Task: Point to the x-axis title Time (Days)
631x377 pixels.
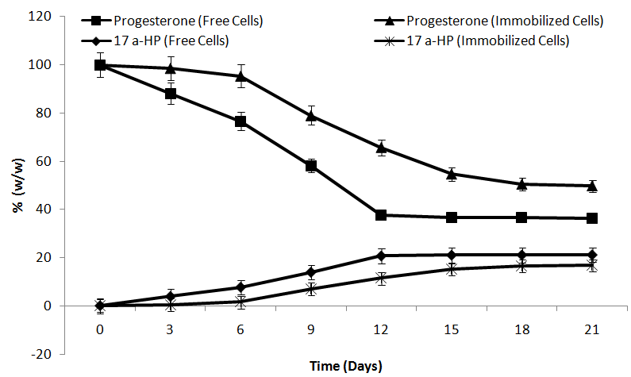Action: tap(345, 366)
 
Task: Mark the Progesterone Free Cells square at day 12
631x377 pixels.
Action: tap(381, 215)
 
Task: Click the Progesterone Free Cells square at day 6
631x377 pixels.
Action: tap(240, 121)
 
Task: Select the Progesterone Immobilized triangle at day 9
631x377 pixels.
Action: tap(311, 115)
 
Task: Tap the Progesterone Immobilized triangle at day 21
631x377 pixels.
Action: tap(591, 185)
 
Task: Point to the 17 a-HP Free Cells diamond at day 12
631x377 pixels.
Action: tap(381, 256)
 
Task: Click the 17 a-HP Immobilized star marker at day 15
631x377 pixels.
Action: tap(451, 269)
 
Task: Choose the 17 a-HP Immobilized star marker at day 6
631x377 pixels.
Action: tap(240, 302)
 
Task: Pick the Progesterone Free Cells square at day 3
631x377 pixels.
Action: tap(170, 94)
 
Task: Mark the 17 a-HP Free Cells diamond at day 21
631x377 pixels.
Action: tap(591, 255)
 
